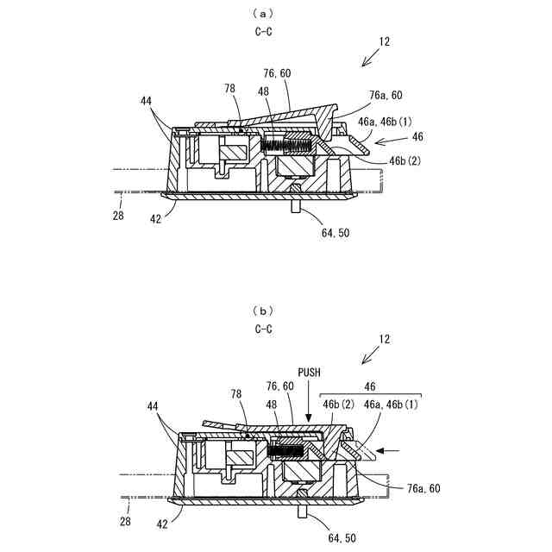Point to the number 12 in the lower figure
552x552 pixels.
tap(383, 339)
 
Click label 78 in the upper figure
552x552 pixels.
tap(230, 89)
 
